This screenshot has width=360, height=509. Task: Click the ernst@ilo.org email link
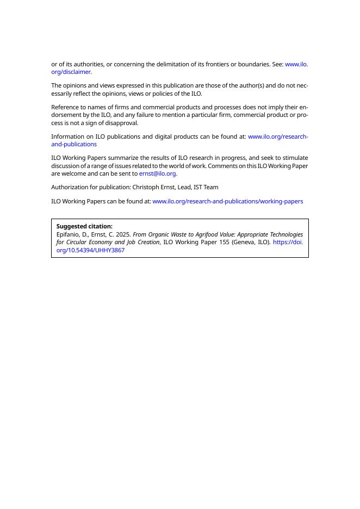tap(157, 173)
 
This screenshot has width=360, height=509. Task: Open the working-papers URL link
tap(227, 201)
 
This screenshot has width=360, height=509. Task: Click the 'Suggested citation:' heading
tap(84, 226)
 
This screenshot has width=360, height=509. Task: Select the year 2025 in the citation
tap(123, 234)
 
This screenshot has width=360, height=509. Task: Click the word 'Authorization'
tap(70, 187)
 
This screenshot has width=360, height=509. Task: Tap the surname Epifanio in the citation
tap(68, 234)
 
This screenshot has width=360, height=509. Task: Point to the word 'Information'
tap(67, 136)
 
